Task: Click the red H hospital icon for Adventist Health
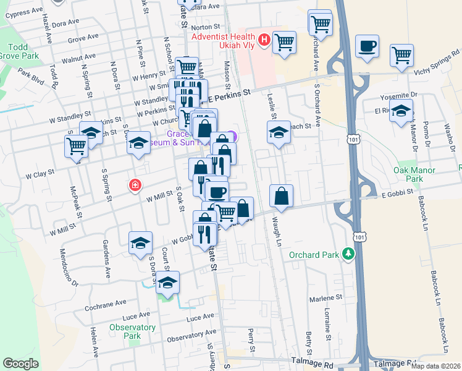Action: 264,40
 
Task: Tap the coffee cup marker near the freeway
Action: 367,46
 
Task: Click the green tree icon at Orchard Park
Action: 350,254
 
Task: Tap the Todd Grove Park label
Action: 23,51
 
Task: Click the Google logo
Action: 20,363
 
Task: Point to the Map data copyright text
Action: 436,366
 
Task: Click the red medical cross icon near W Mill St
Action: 134,184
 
